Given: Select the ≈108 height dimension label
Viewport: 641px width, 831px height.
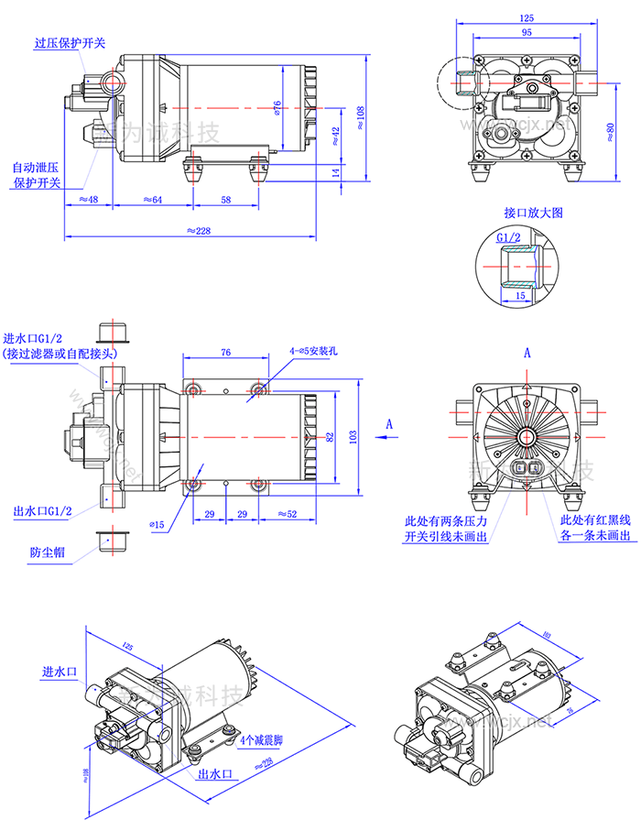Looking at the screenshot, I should [360, 116].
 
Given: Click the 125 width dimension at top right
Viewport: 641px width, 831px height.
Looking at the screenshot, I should [527, 18].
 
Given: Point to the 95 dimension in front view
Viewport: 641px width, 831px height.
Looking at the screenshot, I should [527, 33].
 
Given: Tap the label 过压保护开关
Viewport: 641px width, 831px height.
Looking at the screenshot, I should [70, 43].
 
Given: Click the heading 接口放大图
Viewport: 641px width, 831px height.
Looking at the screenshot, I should [532, 212].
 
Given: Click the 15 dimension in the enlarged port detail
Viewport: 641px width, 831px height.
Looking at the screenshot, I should [519, 296].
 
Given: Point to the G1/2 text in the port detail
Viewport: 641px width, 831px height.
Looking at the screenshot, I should [508, 237].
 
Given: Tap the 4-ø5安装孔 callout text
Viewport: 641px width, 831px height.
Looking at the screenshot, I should [314, 350].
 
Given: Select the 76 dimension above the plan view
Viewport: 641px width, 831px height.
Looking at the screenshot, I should [226, 351].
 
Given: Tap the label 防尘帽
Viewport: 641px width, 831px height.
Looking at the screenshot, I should [47, 552].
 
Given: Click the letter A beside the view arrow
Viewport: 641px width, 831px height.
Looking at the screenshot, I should [389, 423].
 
